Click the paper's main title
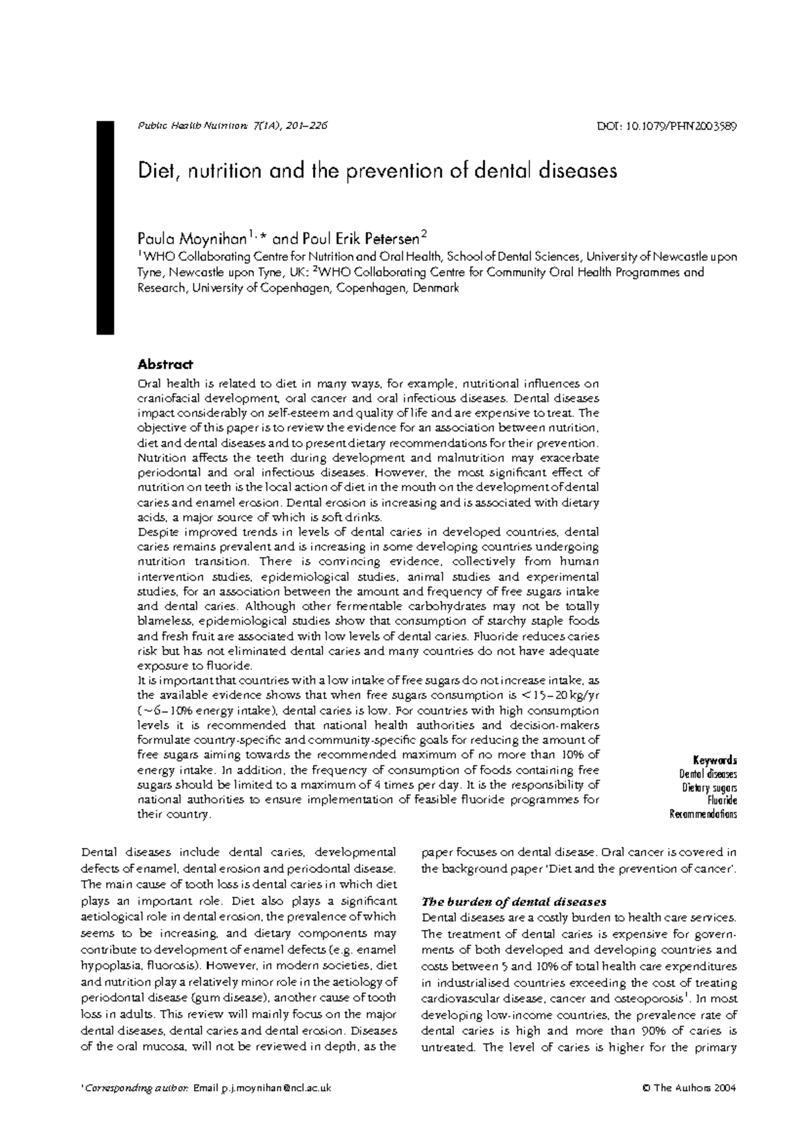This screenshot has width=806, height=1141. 377,171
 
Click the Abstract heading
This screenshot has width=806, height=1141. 165,364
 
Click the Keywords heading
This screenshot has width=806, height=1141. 717,760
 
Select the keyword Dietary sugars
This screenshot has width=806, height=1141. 709,787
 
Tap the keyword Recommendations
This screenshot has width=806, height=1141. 703,814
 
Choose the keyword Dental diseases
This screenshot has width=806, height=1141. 708,773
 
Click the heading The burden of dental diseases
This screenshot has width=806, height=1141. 514,902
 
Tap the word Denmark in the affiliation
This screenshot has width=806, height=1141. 436,288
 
